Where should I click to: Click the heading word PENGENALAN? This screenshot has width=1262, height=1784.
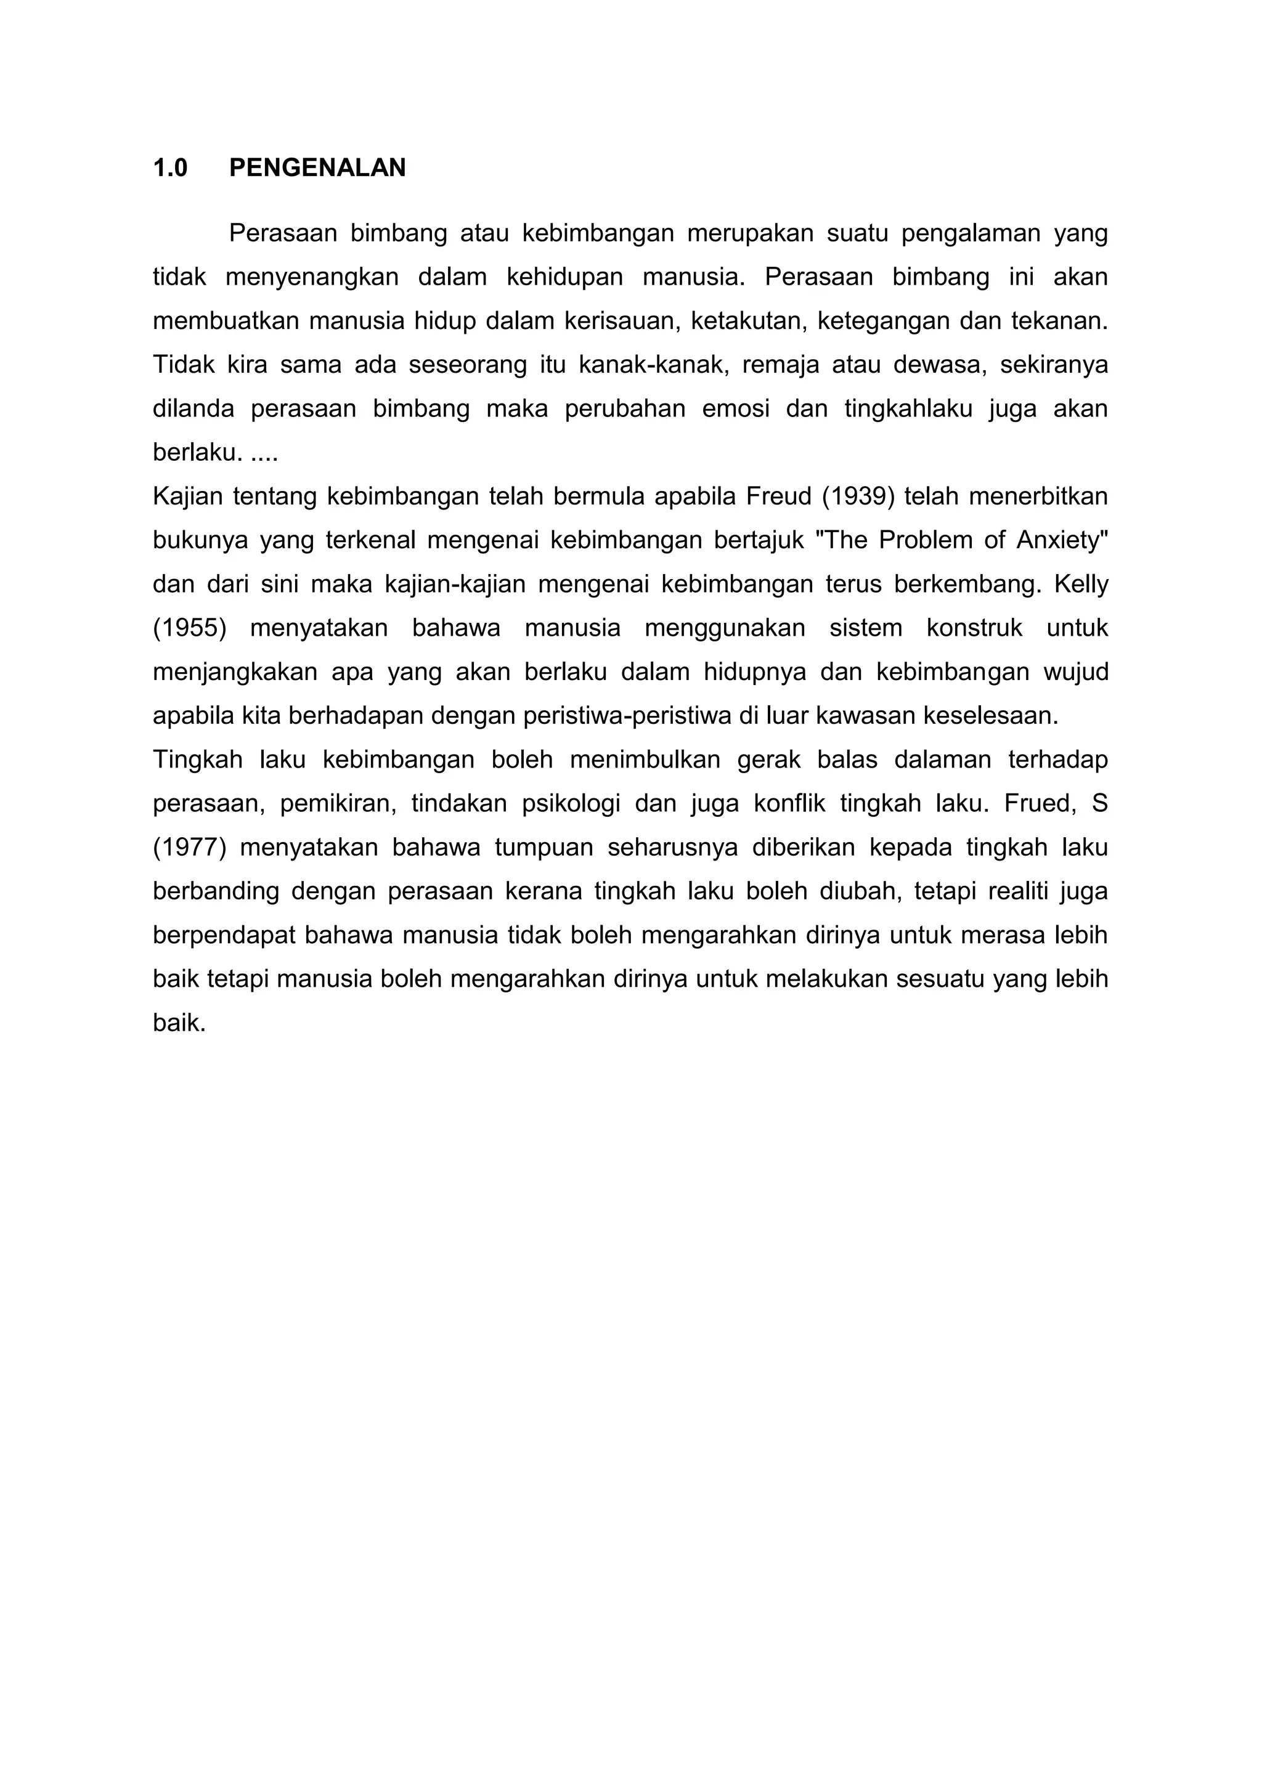317,168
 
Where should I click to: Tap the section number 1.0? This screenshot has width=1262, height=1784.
170,168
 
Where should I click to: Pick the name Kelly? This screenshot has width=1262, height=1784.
1081,583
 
